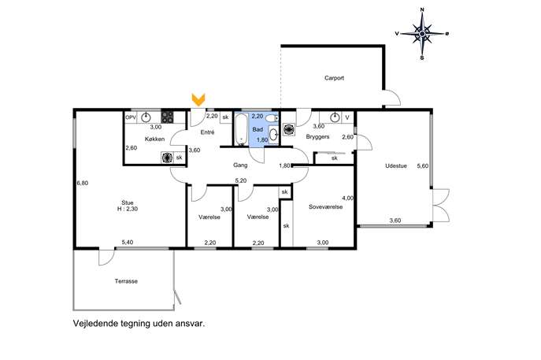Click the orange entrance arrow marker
[198, 99]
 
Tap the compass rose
[421, 34]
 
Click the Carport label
[334, 78]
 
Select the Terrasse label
[126, 281]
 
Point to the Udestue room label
[396, 165]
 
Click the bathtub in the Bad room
[241, 129]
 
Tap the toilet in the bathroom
[272, 118]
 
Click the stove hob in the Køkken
[167, 117]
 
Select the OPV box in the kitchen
[131, 117]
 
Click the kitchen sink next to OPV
[146, 117]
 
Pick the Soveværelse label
[325, 207]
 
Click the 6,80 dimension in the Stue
[83, 184]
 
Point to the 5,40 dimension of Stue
[128, 243]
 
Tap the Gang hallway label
[240, 165]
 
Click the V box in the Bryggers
[347, 117]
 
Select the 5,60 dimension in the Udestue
[423, 166]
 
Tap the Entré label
[207, 132]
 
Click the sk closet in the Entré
[225, 117]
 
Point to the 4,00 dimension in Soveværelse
[347, 199]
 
